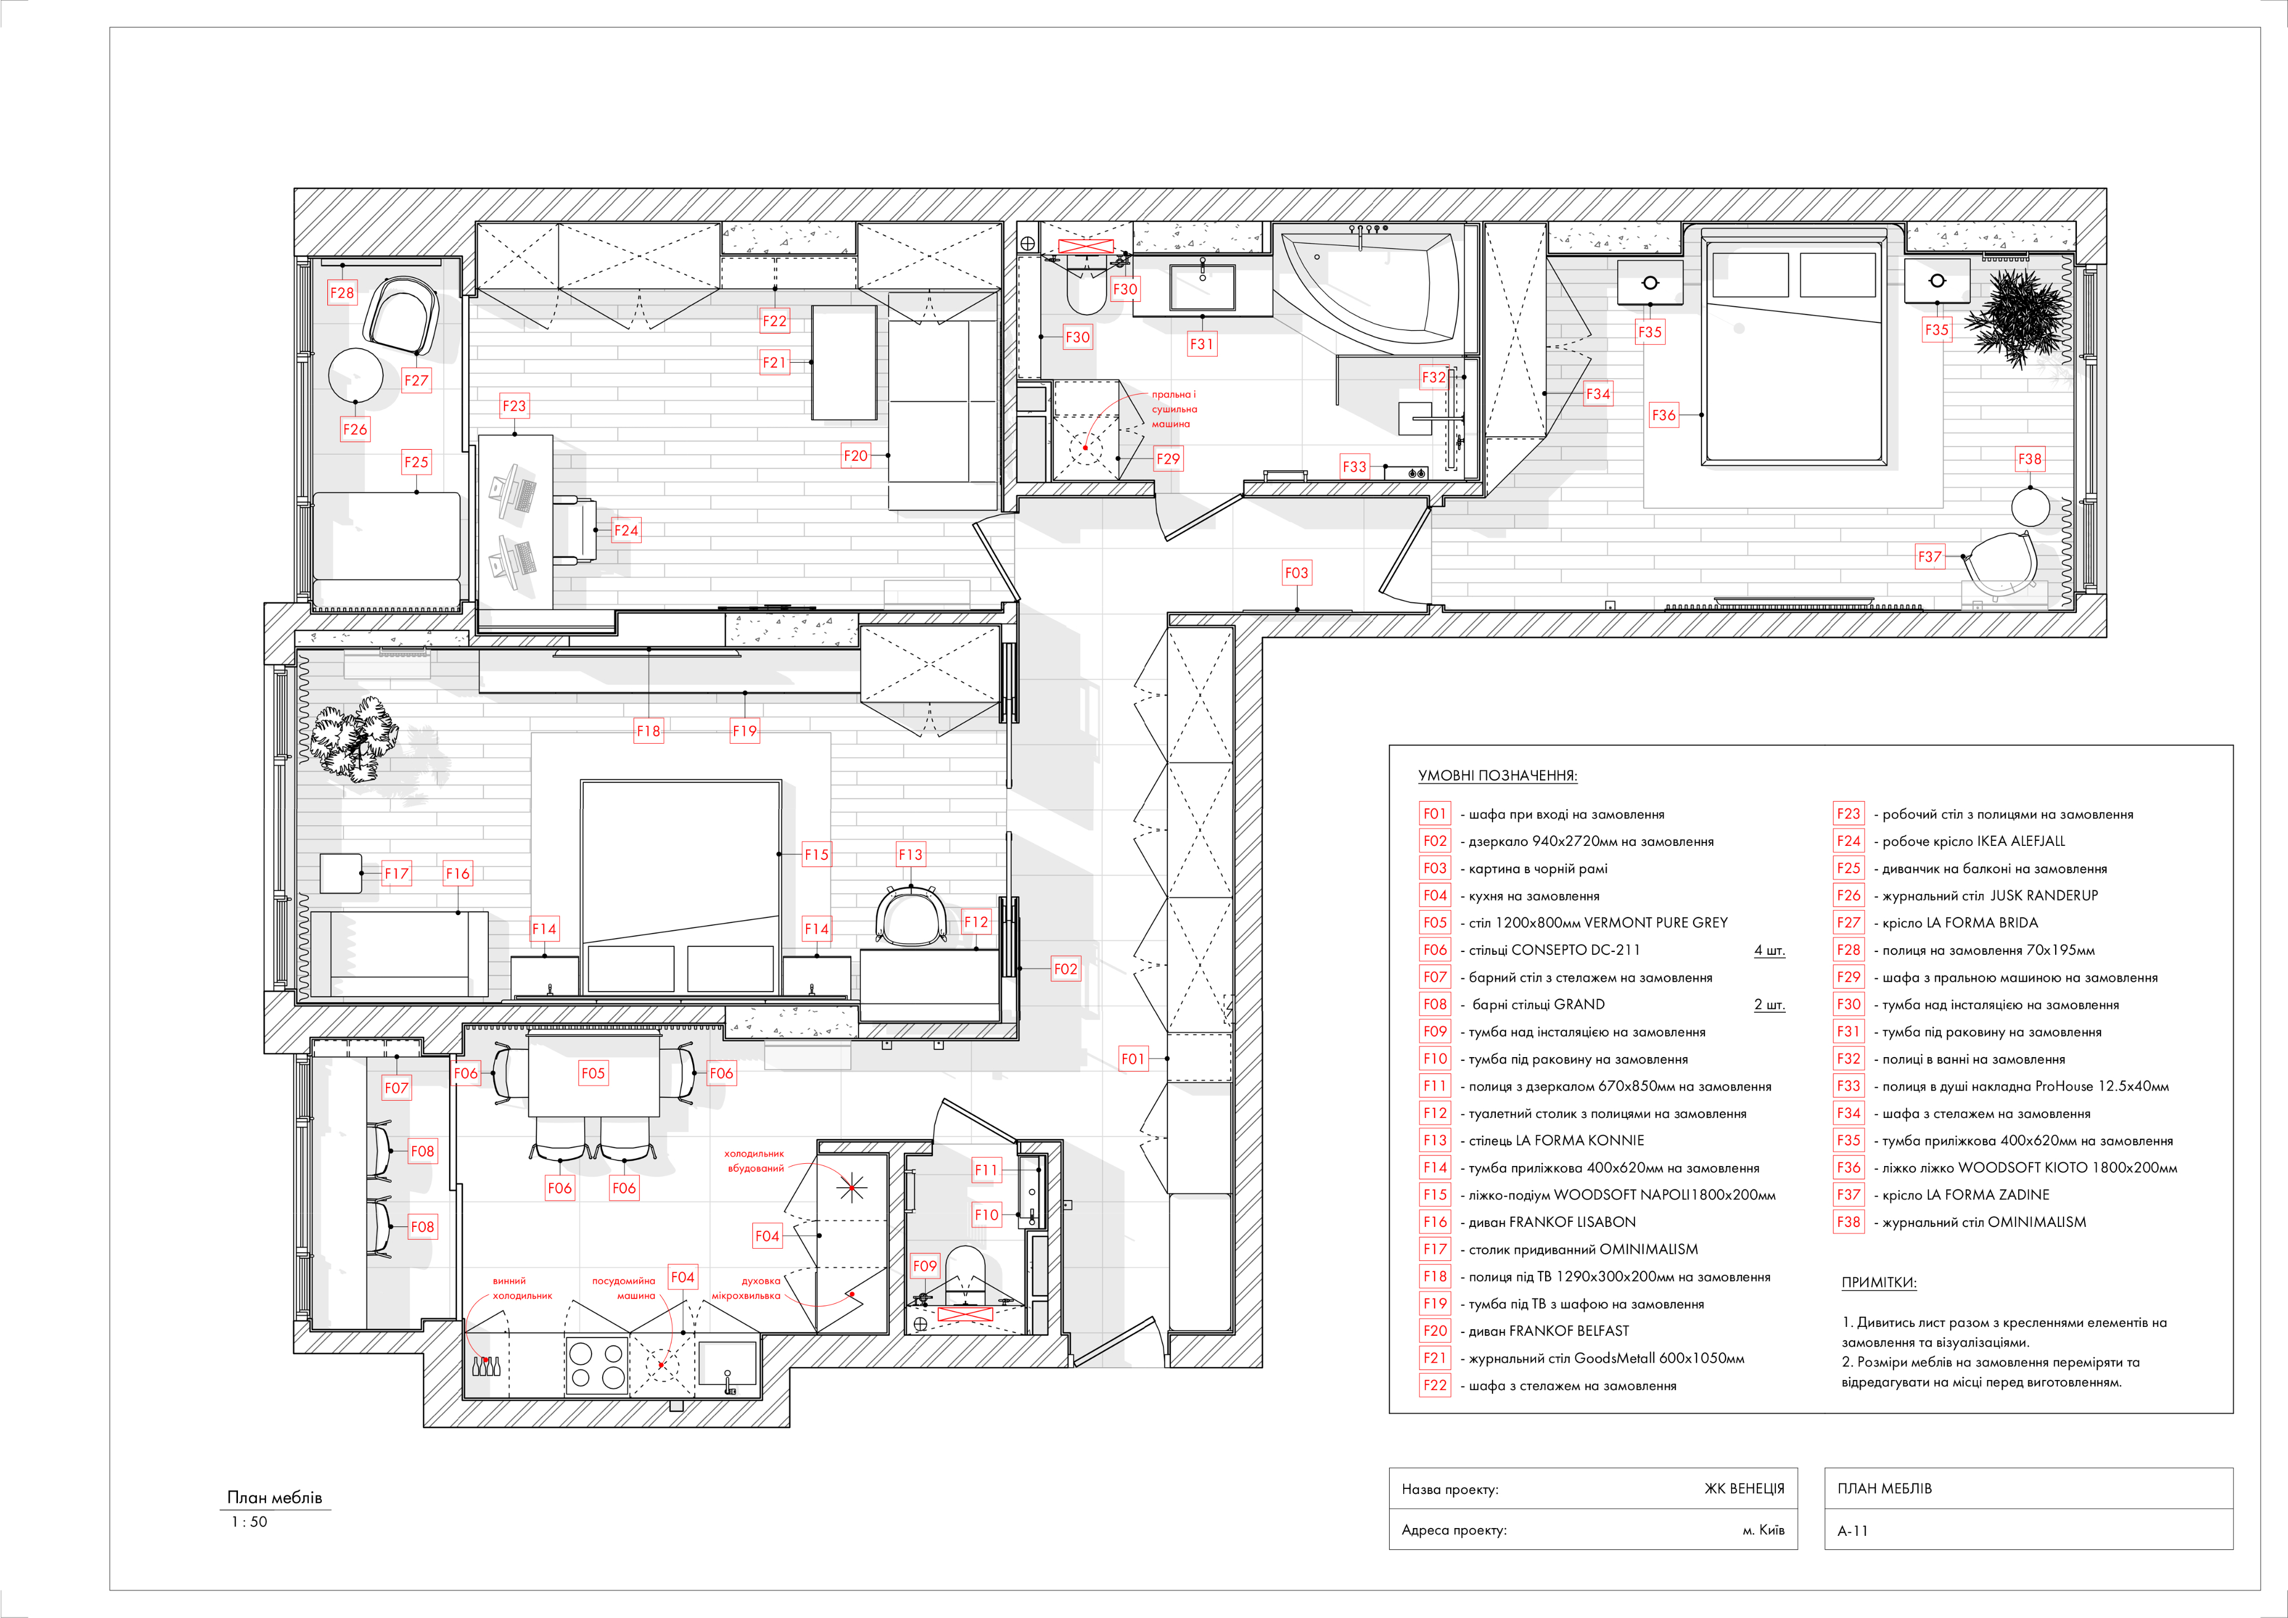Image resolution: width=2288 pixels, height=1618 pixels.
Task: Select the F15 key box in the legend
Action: [1435, 1195]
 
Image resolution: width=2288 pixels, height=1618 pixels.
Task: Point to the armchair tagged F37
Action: [1998, 568]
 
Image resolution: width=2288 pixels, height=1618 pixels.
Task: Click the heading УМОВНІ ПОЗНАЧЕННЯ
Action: [1498, 775]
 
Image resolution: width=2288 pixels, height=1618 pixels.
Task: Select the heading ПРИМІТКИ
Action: [1879, 1282]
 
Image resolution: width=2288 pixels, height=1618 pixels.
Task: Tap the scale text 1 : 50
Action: [249, 1522]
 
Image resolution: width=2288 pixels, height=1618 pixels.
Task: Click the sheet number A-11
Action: [1852, 1530]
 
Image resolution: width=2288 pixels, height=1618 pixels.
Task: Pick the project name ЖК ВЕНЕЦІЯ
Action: [1744, 1488]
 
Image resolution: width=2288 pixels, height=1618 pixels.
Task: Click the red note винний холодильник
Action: [522, 1288]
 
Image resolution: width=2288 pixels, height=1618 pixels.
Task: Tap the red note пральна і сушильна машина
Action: [1174, 409]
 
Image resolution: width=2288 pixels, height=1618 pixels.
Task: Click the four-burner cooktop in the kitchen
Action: [596, 1367]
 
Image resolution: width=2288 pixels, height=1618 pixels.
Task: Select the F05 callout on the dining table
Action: [593, 1074]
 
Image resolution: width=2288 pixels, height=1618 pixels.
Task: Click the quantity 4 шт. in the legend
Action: [1769, 950]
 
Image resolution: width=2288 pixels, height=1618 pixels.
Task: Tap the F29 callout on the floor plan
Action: [1168, 459]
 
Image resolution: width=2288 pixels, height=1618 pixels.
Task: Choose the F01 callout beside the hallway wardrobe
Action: [1133, 1059]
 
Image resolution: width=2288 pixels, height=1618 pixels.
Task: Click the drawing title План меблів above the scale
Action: [275, 1497]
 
